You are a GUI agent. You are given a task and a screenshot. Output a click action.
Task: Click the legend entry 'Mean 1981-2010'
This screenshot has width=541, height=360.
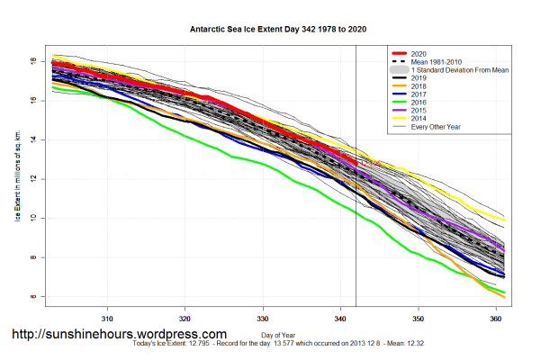(x=437, y=61)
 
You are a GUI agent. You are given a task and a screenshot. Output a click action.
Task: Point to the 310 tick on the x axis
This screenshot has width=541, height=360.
(x=107, y=319)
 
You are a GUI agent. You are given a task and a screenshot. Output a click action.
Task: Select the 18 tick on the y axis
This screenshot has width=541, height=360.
(x=33, y=61)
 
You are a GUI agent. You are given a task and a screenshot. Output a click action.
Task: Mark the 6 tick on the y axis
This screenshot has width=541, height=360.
(x=33, y=296)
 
